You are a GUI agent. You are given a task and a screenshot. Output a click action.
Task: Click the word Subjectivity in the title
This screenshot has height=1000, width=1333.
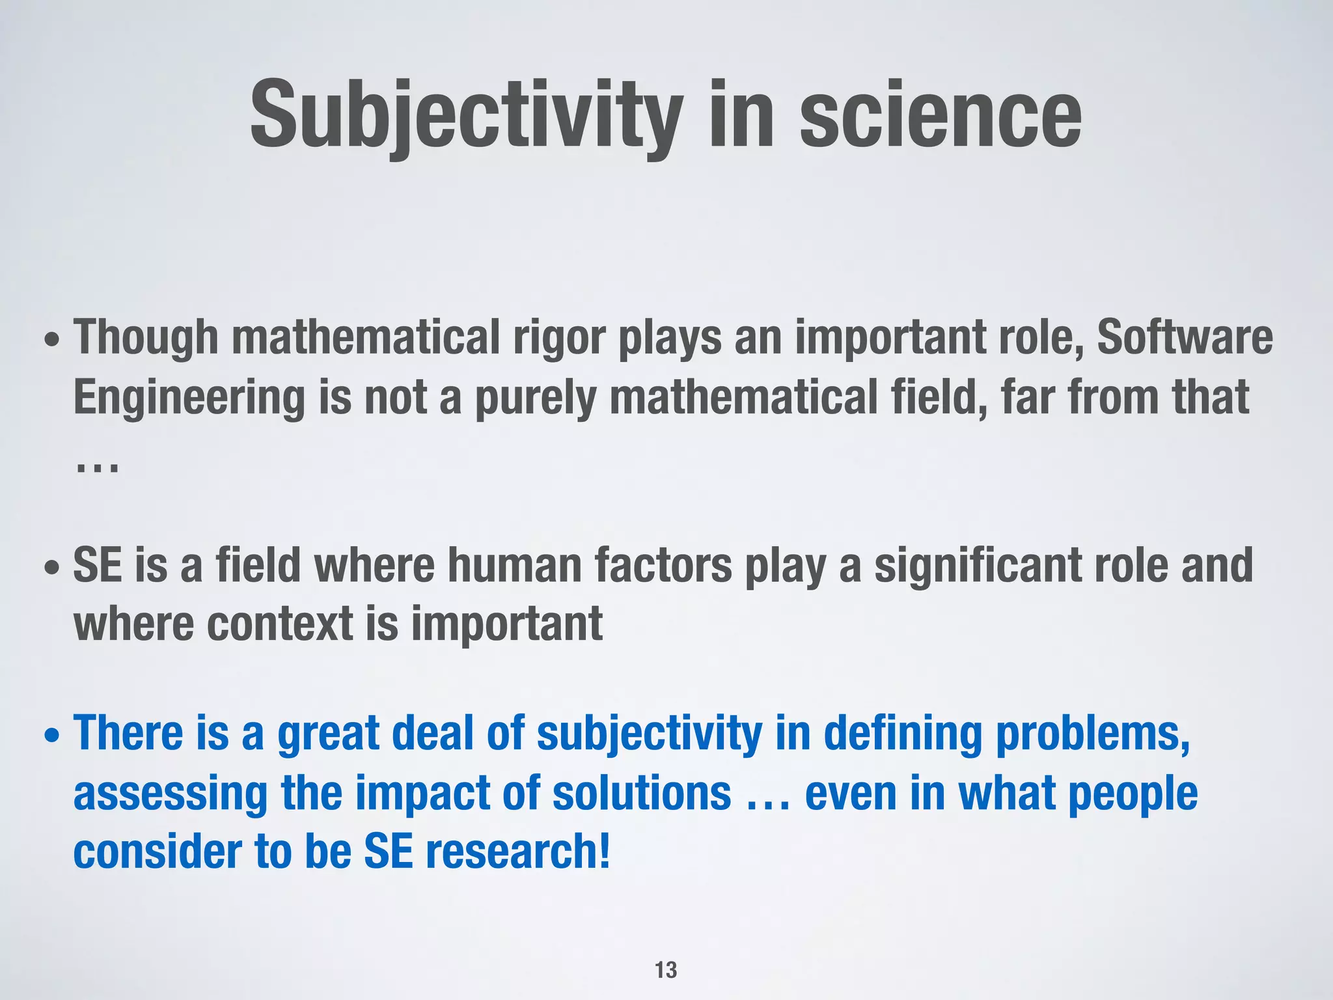[466, 116]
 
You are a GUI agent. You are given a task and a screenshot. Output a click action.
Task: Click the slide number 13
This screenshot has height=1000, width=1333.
[666, 970]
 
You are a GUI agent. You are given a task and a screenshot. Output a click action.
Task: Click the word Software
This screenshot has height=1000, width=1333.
[1185, 339]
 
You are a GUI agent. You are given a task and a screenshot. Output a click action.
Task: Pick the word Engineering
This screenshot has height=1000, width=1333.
[189, 398]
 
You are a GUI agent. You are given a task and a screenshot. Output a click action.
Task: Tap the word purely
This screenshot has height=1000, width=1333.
[535, 398]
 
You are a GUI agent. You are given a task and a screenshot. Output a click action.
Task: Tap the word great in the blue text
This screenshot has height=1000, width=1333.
[328, 734]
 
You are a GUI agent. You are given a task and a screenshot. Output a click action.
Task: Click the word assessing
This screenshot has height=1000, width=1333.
[171, 794]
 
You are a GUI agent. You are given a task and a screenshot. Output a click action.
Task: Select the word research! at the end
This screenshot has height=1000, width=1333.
[518, 853]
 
